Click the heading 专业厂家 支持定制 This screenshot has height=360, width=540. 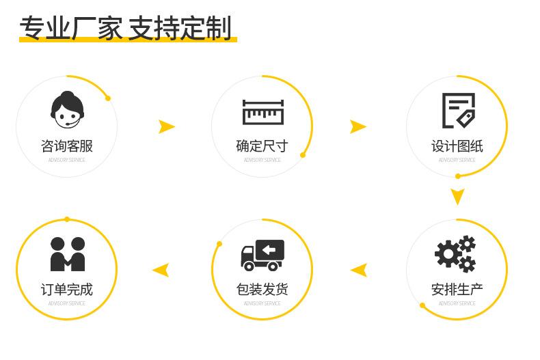coord(126,29)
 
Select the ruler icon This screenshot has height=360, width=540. coord(262,112)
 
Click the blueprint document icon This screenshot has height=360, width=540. coord(458,111)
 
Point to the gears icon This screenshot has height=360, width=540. coord(456,254)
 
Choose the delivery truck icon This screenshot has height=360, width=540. coord(262,255)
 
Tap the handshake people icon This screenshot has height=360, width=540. coord(67,254)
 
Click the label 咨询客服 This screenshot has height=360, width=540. coord(67,146)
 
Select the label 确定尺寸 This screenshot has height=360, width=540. coord(262,146)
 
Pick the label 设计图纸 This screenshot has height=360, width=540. coord(457,146)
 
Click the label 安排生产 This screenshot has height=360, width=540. coord(457,290)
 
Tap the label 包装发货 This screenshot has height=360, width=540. coord(262,290)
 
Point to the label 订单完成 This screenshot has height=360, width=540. coord(67,290)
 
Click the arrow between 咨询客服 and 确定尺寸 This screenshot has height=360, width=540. coord(166,126)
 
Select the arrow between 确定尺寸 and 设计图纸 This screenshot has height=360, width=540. coord(357,126)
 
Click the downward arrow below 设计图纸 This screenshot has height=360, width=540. coord(457,197)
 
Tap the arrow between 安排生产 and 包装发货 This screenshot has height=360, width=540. coord(359,270)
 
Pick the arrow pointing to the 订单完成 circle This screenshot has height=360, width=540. coord(161,270)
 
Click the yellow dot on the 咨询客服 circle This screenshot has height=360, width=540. coord(107,98)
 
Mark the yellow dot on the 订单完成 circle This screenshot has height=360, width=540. coord(67,219)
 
